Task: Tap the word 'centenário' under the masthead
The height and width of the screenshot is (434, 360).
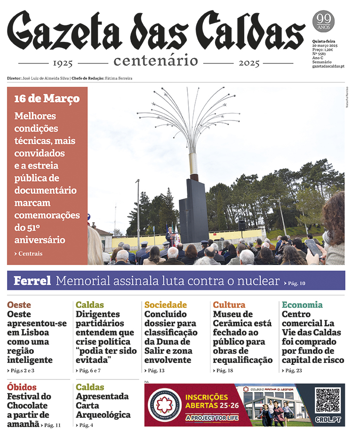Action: [x=155, y=61]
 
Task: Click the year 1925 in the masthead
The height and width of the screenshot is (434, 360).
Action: [x=63, y=63]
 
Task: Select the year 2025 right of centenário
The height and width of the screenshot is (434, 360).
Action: [x=249, y=63]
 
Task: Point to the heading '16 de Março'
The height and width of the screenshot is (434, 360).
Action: [x=47, y=99]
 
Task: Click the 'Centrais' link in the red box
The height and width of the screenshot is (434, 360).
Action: [x=30, y=253]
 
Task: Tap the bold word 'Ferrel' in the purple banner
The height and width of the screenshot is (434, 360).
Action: [x=32, y=281]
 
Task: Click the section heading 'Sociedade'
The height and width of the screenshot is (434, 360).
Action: [x=165, y=305]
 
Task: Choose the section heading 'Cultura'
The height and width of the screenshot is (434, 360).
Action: [x=229, y=305]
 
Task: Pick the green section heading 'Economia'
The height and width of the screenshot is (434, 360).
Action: [x=302, y=305]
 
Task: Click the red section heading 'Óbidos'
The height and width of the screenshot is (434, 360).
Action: [x=22, y=387]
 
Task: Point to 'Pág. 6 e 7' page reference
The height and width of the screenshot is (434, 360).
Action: [x=89, y=371]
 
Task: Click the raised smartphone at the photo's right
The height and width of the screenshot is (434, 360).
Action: [x=313, y=247]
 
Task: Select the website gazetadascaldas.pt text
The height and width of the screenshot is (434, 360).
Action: [x=328, y=66]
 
